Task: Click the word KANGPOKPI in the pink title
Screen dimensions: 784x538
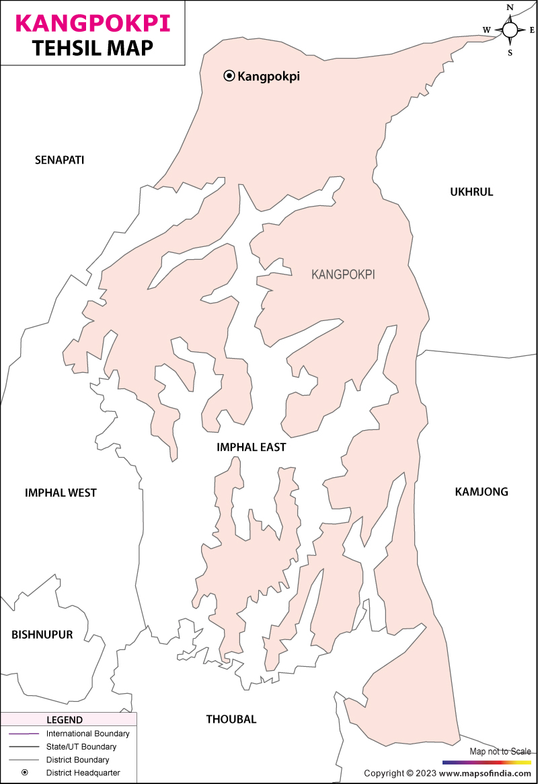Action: tap(92, 23)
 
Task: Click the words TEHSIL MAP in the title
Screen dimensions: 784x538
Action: tap(92, 48)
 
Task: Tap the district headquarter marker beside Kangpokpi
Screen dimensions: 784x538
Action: tap(229, 76)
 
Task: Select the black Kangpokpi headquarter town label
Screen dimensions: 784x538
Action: tap(268, 77)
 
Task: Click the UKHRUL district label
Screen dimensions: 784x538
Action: tap(471, 192)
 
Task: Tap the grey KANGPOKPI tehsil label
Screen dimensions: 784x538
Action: tap(343, 275)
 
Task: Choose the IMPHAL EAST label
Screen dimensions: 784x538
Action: tap(251, 448)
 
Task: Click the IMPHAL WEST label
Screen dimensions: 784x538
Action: tap(61, 493)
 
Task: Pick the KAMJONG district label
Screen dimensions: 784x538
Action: tap(482, 492)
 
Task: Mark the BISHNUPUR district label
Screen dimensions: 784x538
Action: tap(42, 635)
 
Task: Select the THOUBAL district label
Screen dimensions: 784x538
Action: tap(231, 719)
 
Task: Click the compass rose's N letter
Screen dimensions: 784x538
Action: tap(510, 8)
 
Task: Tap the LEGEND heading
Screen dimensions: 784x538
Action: tap(65, 720)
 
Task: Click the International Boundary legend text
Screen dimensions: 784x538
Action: tap(87, 734)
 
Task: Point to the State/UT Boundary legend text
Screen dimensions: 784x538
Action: tap(81, 746)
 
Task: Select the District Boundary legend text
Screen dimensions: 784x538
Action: tap(77, 760)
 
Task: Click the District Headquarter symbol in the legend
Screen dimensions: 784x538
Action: tap(25, 773)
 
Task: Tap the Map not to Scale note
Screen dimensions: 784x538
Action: tap(500, 751)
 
